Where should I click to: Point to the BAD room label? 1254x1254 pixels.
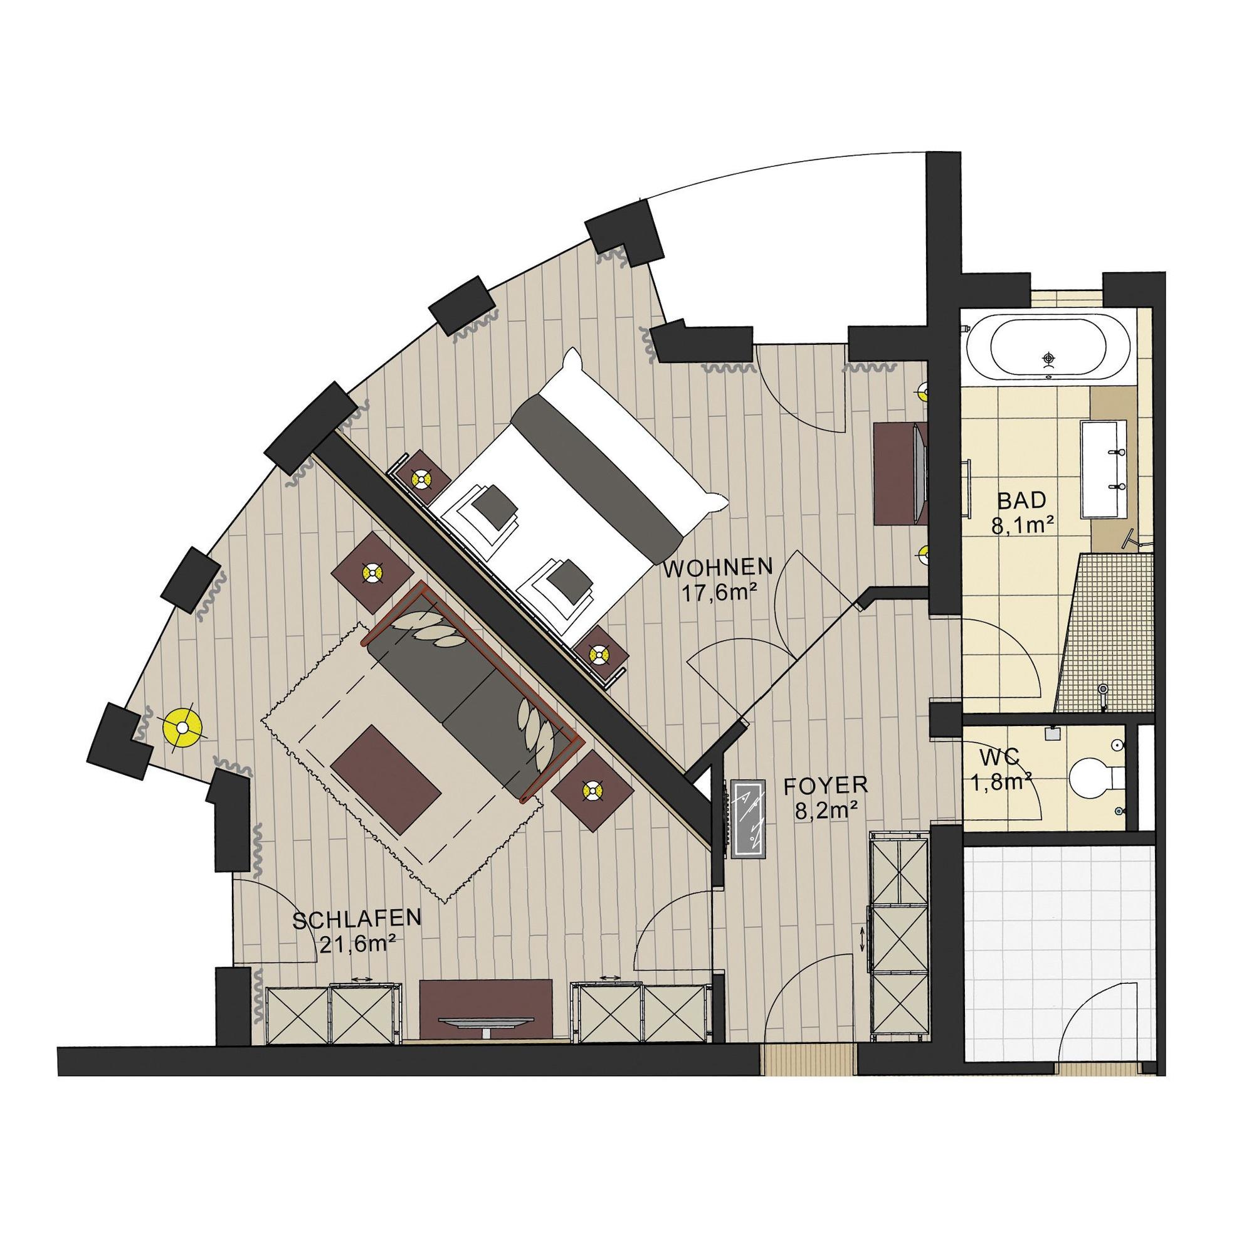tap(1022, 500)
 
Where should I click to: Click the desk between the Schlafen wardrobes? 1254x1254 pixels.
tap(485, 1024)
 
